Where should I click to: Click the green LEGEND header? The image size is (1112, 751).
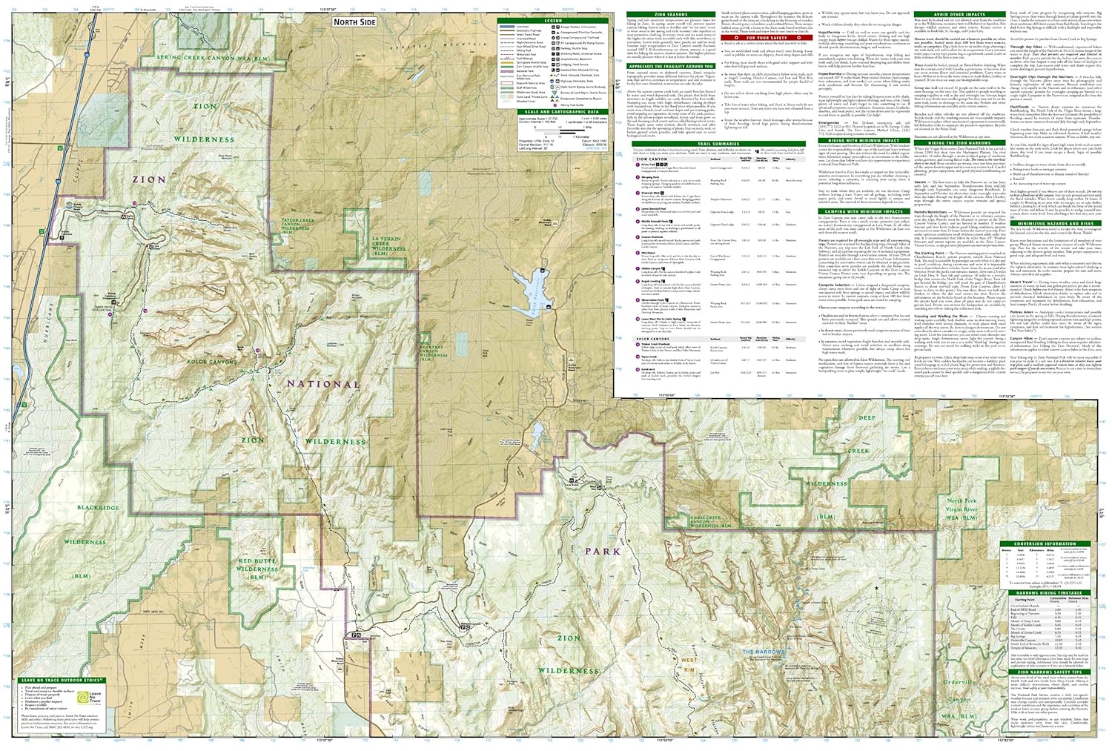pos(553,20)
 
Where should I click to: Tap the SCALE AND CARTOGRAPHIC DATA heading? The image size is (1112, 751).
pos(553,112)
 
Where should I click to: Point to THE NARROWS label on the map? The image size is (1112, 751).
pos(764,652)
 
